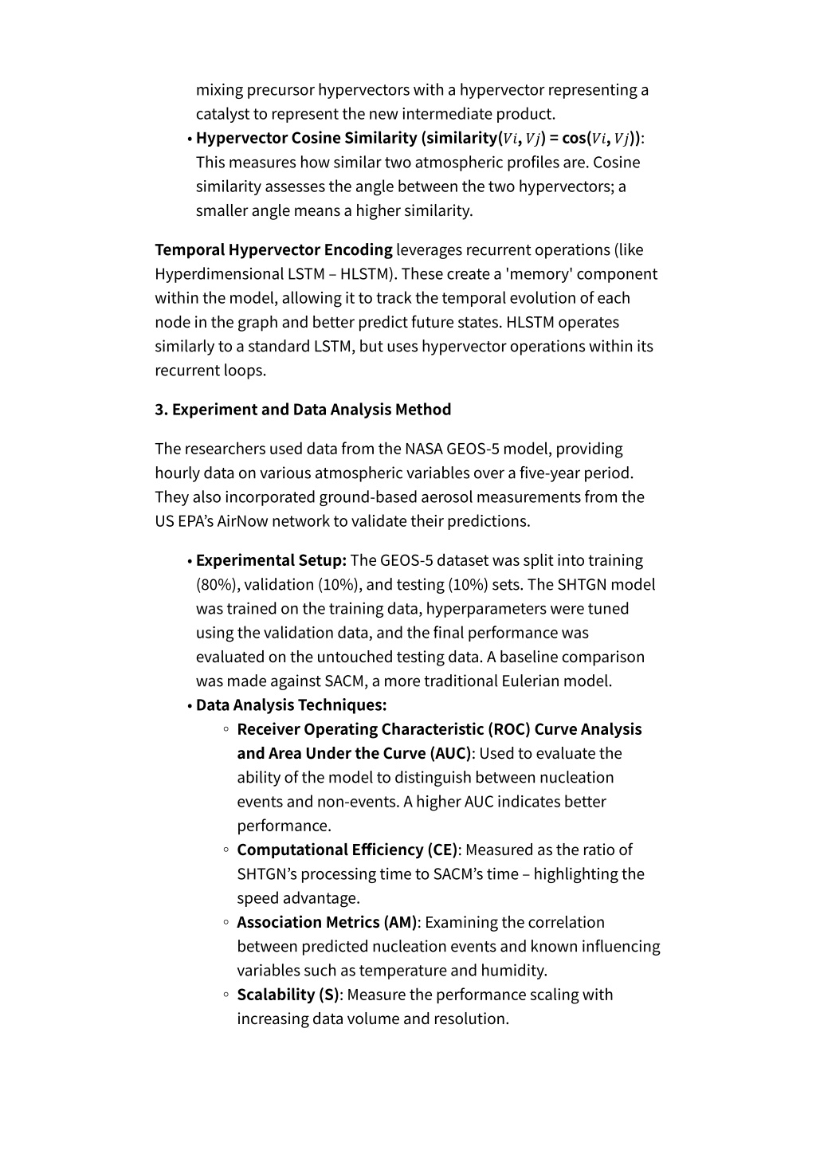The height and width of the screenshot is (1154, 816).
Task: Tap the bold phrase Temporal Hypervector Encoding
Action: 273,250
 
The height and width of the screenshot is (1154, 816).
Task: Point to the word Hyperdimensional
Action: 219,274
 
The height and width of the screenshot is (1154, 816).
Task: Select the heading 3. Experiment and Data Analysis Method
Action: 303,410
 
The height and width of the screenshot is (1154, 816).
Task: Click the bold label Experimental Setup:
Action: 271,560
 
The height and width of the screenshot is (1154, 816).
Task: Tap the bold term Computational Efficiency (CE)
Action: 347,850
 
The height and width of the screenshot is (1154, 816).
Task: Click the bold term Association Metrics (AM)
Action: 327,922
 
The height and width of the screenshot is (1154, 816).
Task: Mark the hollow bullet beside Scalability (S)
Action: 226,995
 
